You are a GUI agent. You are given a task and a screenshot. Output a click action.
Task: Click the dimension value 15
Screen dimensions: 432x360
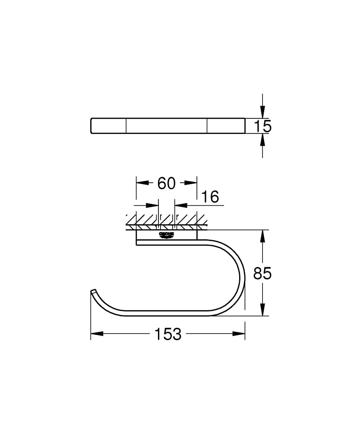(262, 126)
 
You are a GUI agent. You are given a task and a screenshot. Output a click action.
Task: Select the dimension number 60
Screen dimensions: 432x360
(166, 183)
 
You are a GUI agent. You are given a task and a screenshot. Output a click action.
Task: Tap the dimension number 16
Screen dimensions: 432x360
(210, 197)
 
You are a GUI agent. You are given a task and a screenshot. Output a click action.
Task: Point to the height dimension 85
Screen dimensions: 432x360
(262, 273)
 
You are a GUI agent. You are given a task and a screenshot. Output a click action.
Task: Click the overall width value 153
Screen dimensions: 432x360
(167, 334)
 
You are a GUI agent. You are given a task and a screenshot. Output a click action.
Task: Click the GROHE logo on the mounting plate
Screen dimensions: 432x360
(167, 235)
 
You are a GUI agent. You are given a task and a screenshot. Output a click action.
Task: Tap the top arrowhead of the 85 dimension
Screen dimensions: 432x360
(262, 236)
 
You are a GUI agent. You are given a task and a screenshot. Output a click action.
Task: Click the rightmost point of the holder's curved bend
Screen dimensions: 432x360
(244, 276)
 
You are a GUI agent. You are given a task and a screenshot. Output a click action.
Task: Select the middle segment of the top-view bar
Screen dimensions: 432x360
(166, 126)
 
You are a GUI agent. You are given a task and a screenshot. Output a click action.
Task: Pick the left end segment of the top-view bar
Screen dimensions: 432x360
(108, 126)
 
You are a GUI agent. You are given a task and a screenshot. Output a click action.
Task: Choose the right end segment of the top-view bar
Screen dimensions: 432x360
(225, 126)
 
